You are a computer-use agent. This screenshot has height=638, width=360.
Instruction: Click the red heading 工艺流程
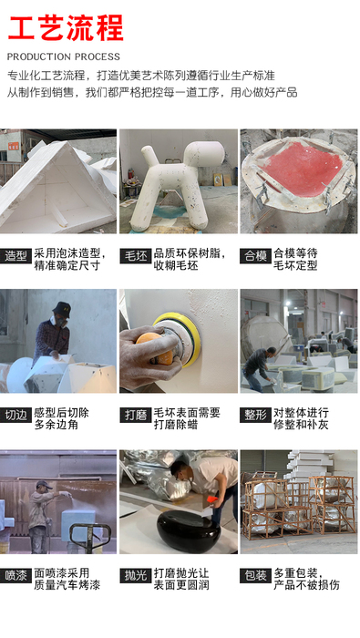(x=66, y=27)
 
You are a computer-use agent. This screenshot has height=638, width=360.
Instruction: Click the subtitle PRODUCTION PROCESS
(x=64, y=57)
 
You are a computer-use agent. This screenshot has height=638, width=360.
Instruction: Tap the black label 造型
(x=15, y=256)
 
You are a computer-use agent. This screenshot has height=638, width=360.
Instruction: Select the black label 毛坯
(x=136, y=256)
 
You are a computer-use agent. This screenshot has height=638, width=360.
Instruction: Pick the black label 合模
(x=255, y=256)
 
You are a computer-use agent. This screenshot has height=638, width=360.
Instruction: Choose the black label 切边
(x=15, y=415)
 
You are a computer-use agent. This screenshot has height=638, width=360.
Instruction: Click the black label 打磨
(x=136, y=415)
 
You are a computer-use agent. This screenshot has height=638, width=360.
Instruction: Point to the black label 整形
(x=255, y=415)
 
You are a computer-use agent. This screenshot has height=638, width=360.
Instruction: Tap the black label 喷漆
(x=15, y=576)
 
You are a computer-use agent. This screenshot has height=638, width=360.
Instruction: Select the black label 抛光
(x=136, y=576)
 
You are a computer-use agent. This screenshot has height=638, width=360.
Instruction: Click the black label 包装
(x=255, y=576)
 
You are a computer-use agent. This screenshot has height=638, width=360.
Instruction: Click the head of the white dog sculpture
(x=203, y=154)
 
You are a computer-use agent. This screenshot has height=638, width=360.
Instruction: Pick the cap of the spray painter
(x=43, y=485)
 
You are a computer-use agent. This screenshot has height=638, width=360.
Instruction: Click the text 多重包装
(x=295, y=573)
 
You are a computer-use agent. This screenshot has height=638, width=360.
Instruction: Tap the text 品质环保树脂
(x=187, y=253)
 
